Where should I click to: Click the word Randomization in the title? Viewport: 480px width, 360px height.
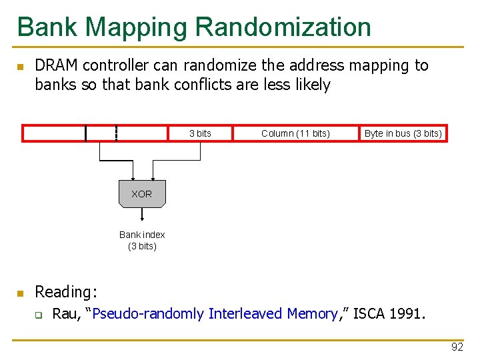click(x=283, y=27)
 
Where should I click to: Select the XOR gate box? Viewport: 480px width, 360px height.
click(x=141, y=194)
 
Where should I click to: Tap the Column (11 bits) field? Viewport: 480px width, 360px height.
click(x=295, y=133)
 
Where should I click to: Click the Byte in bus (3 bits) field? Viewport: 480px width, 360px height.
click(x=403, y=133)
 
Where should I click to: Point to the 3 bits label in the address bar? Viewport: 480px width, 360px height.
click(x=200, y=133)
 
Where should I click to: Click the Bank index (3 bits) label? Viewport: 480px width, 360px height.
click(x=142, y=240)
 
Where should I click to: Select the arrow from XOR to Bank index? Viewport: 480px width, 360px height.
click(x=142, y=215)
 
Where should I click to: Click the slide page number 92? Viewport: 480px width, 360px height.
click(x=457, y=347)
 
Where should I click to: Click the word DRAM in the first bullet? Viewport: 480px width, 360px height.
click(x=56, y=65)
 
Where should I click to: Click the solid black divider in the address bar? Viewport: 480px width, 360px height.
click(x=86, y=133)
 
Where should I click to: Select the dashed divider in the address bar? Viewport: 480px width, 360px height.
click(x=117, y=133)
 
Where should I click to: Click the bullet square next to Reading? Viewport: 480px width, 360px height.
click(x=21, y=293)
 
